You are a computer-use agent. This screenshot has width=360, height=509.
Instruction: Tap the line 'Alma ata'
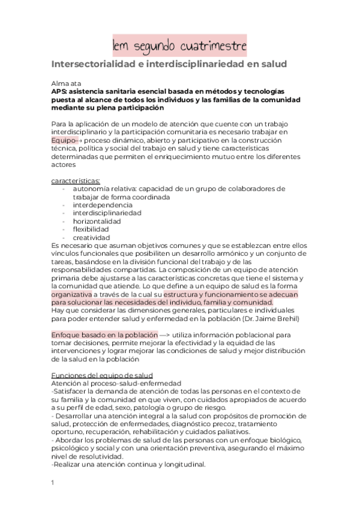68,83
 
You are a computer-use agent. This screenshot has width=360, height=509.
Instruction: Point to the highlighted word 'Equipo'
64,139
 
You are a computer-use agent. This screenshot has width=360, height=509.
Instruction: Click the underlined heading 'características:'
76,180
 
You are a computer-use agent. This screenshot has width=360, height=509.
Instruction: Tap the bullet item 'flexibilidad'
91,229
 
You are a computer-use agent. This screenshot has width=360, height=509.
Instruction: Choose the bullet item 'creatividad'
91,238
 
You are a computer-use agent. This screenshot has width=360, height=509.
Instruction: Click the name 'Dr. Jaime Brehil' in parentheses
275,319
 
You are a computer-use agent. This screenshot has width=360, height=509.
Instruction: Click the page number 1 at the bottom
53,482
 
